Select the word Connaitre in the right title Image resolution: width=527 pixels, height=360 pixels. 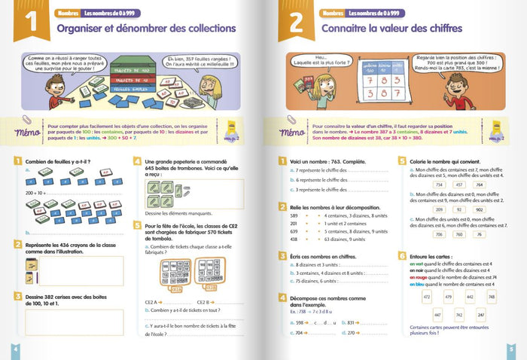[x=349, y=29]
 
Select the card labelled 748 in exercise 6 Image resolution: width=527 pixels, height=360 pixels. [x=491, y=297]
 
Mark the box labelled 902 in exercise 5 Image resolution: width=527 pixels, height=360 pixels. [x=479, y=209]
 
